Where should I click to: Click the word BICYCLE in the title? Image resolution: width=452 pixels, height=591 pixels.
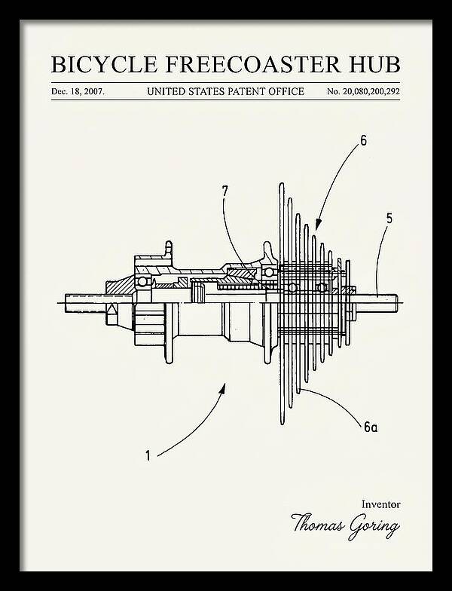click(x=104, y=65)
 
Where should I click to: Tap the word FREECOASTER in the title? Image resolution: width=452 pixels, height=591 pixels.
click(x=252, y=65)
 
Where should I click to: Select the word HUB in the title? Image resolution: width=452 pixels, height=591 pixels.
click(x=374, y=65)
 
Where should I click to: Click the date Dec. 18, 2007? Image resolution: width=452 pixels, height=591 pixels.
click(x=78, y=92)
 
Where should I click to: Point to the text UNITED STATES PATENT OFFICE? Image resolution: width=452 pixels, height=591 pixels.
click(x=225, y=92)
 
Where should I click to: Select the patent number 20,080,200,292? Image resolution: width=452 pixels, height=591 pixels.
click(x=371, y=92)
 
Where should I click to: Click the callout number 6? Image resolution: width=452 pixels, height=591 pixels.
click(x=363, y=140)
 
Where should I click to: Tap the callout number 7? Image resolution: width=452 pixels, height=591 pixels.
click(x=224, y=191)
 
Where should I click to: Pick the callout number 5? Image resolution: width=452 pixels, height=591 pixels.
click(x=389, y=219)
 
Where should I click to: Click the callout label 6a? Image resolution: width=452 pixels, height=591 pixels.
click(x=371, y=427)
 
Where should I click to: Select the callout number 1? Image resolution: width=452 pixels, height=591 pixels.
click(x=148, y=455)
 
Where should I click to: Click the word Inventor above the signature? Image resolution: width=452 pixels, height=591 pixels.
click(x=381, y=504)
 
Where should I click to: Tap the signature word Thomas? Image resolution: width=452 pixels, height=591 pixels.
click(x=318, y=523)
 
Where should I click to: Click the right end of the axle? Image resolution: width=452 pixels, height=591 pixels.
click(x=396, y=303)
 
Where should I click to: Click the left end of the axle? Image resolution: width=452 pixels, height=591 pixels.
click(x=66, y=303)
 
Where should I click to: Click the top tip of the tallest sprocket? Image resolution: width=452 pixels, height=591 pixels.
click(x=282, y=184)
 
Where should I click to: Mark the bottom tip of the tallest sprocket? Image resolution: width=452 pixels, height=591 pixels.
click(x=282, y=424)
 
